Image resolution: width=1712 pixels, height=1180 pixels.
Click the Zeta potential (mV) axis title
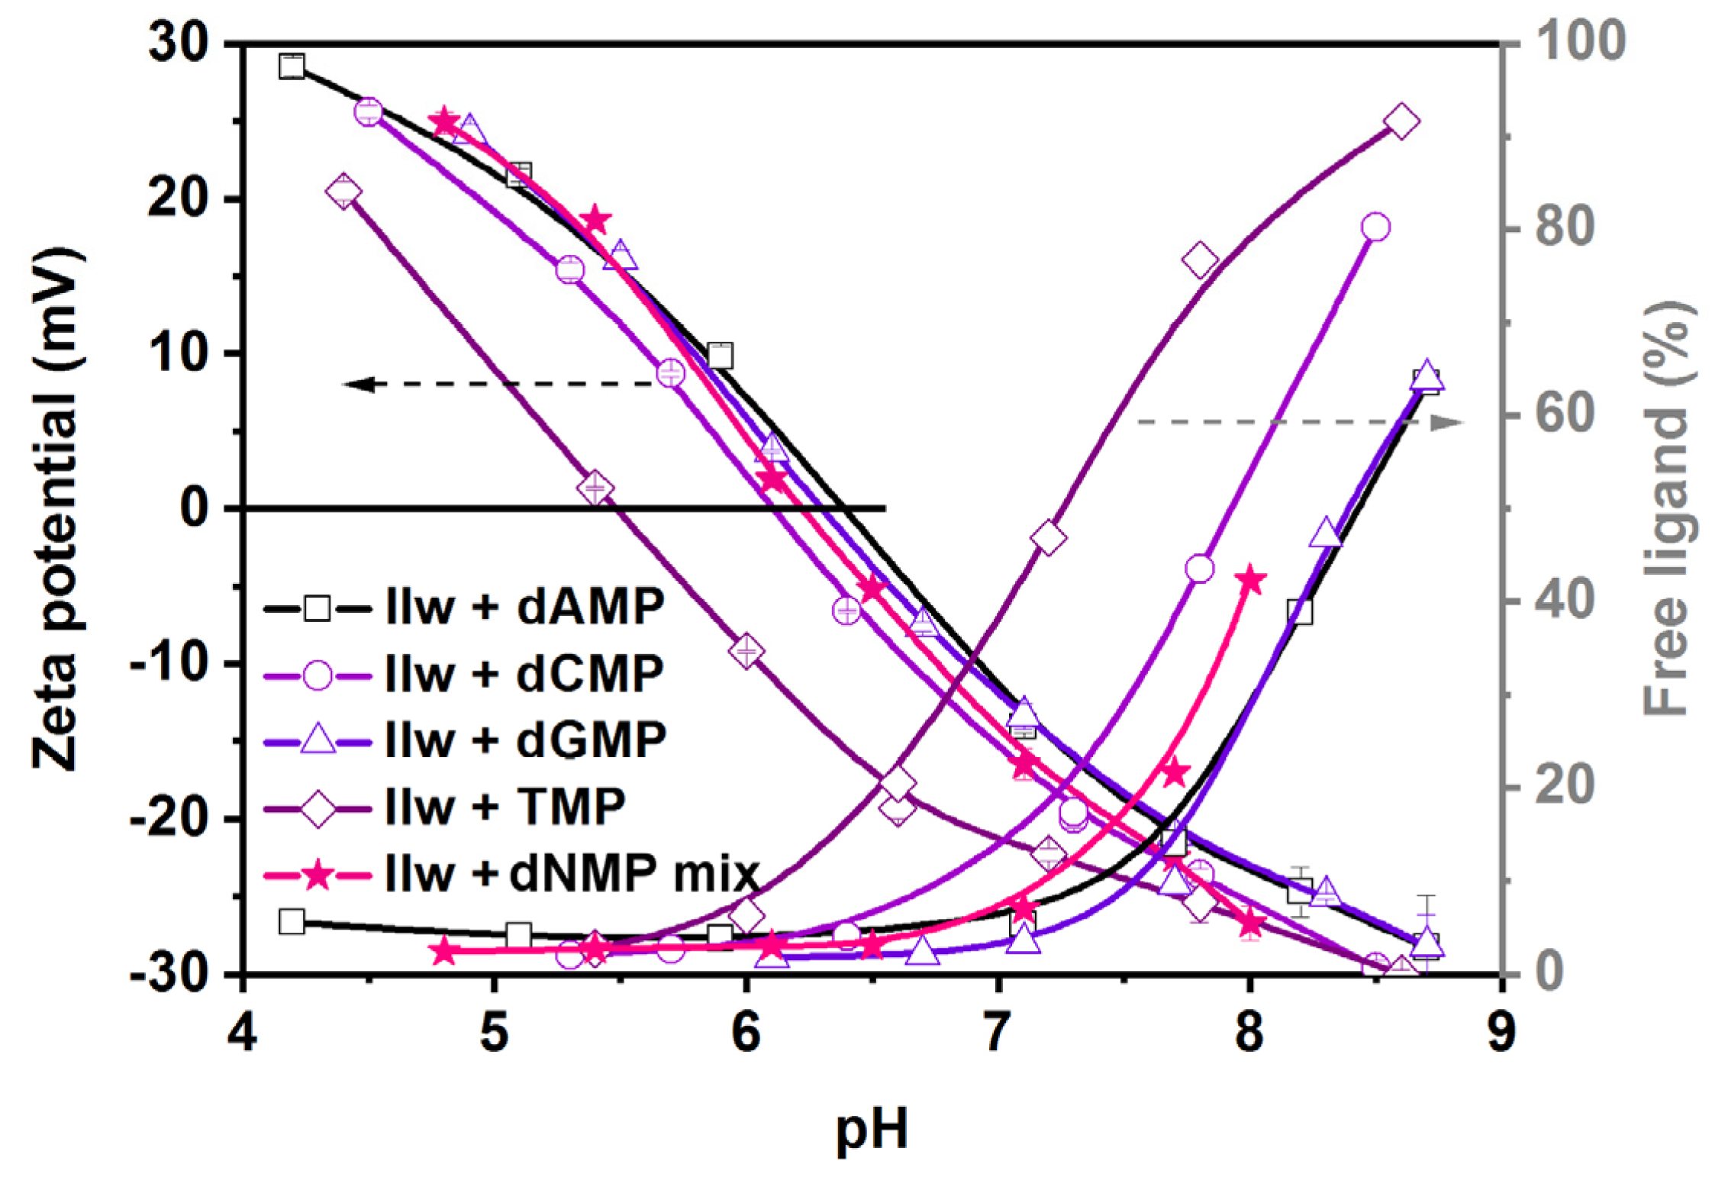[x=57, y=508]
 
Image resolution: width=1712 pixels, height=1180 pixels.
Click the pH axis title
[x=872, y=1128]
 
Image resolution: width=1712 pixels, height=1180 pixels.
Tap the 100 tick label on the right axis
[x=1580, y=41]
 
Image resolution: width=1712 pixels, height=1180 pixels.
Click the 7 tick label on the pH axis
[x=997, y=1033]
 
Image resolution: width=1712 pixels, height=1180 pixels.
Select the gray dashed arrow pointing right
[x=1298, y=422]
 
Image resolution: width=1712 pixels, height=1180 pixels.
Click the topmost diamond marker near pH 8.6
[x=1401, y=121]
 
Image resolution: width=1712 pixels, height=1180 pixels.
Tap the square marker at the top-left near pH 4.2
[x=292, y=66]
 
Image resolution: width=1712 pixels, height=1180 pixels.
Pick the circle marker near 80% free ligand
[x=1375, y=227]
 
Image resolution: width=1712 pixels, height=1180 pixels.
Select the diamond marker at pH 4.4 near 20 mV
[x=343, y=191]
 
